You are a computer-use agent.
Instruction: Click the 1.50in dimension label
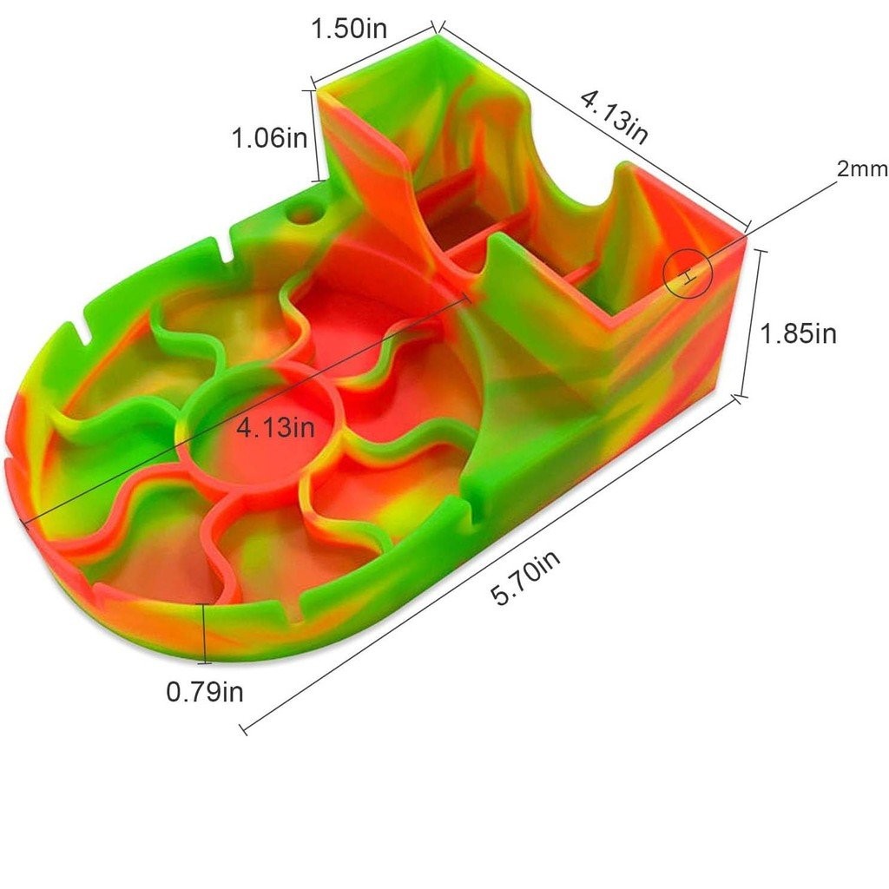pos(349,29)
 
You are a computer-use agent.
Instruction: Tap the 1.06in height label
pos(269,137)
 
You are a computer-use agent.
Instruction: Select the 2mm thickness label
pos(862,168)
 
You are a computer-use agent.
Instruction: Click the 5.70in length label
pos(525,577)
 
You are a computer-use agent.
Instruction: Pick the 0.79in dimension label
pos(205,692)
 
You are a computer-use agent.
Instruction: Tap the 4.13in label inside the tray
pos(275,426)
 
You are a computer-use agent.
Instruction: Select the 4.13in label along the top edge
pos(614,117)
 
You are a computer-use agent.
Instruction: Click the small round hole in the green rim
pos(306,215)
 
